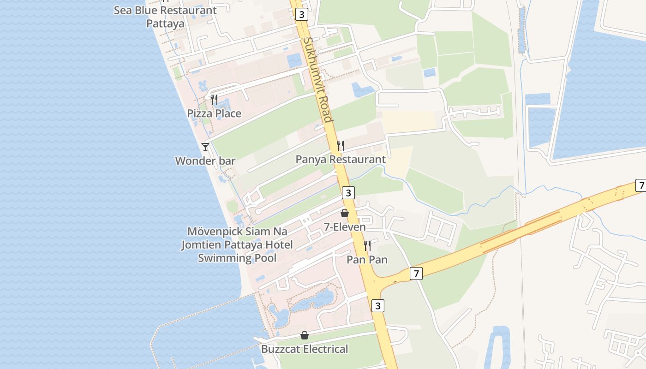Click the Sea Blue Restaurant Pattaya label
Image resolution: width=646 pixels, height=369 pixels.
[165, 17]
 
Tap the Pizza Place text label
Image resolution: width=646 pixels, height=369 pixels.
[214, 113]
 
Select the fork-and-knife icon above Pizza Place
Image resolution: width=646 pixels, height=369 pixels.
[214, 99]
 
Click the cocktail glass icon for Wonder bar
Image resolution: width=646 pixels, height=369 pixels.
[205, 147]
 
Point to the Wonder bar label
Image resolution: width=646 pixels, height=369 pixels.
[205, 161]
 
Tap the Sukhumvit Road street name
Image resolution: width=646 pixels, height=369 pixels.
[317, 79]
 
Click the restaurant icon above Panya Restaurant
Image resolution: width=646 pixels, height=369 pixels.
[341, 146]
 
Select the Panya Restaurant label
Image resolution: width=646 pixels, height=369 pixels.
[341, 160]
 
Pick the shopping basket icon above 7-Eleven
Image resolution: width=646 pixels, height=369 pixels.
[344, 213]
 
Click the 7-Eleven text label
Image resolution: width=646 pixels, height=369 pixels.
[344, 227]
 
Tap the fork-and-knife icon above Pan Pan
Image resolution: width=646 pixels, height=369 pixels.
[367, 245]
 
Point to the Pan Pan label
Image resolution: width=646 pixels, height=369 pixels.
[367, 260]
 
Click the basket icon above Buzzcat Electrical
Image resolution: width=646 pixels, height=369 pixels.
[305, 335]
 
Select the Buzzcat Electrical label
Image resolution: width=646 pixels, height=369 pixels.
[305, 349]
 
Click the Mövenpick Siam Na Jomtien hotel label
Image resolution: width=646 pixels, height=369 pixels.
[237, 244]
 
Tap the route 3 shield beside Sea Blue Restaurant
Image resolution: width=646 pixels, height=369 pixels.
[301, 14]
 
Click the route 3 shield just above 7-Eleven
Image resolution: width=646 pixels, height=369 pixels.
[348, 193]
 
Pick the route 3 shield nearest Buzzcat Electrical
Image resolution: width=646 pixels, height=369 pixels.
[378, 305]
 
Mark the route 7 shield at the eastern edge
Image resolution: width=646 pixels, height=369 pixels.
[641, 185]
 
